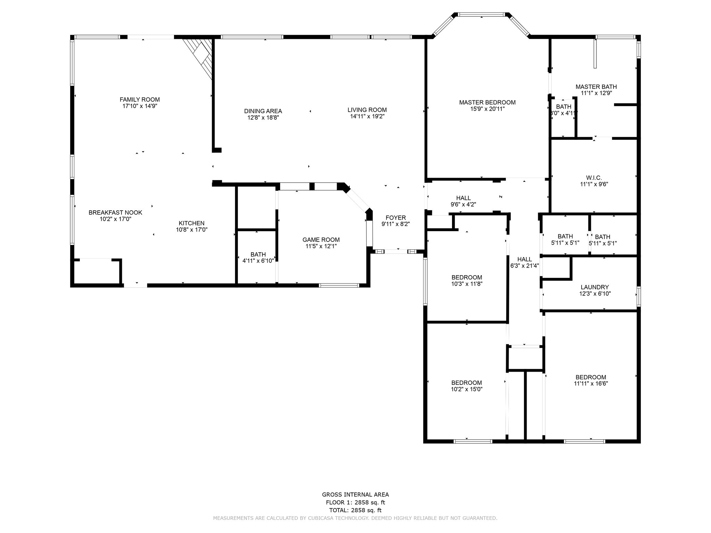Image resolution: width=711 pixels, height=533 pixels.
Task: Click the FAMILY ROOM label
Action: [140, 100]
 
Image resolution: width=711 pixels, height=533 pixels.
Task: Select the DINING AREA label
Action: [263, 111]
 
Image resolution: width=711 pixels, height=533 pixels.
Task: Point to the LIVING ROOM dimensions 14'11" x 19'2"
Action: [367, 117]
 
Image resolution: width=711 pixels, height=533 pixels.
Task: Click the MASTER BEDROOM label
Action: [487, 102]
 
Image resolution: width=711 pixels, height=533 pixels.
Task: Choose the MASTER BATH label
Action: [596, 87]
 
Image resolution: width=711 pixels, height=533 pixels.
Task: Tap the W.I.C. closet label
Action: [594, 178]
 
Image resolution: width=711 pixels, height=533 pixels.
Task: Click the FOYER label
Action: [396, 218]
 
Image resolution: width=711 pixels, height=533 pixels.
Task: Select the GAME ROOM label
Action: [321, 239]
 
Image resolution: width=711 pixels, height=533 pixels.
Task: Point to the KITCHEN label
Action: [192, 223]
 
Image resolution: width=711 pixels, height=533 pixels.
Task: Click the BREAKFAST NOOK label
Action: [115, 212]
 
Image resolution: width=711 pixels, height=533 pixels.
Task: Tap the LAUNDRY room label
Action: [595, 287]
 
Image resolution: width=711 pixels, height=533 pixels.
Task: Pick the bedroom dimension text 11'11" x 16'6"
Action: [591, 383]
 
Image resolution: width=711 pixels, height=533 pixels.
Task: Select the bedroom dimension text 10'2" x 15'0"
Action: [467, 389]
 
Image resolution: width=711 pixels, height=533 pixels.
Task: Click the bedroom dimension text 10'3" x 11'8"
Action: [467, 284]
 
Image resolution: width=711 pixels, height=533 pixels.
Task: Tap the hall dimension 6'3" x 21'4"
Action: [524, 266]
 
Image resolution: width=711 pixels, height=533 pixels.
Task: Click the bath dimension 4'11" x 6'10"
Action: [258, 260]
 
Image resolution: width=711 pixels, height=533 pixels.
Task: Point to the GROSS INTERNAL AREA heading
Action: [355, 494]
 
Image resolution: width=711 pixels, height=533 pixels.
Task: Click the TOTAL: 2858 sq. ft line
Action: [355, 510]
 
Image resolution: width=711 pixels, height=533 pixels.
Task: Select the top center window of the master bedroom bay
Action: [481, 15]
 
